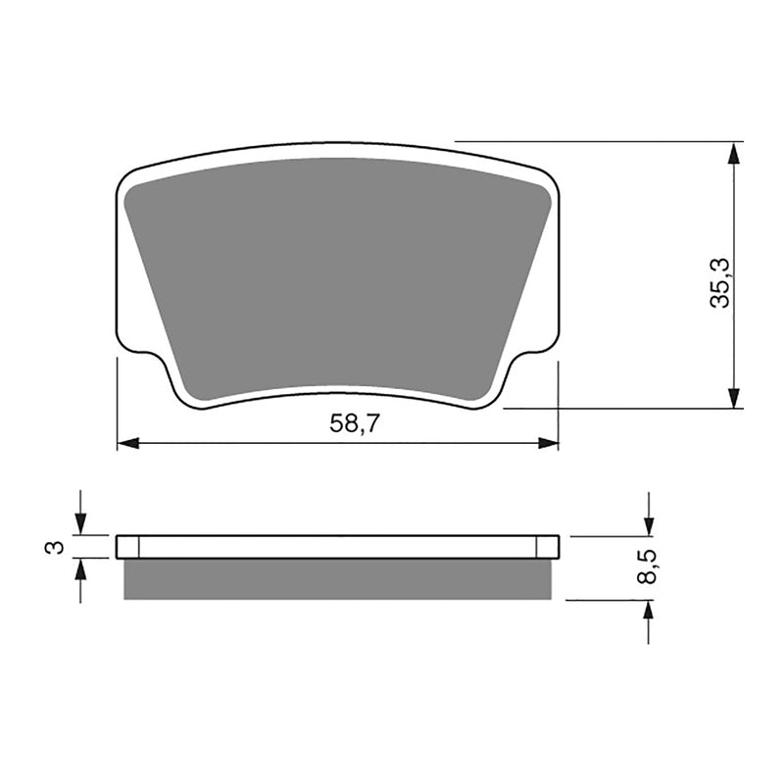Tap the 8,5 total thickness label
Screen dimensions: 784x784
647,567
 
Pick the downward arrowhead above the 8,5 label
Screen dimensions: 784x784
648,525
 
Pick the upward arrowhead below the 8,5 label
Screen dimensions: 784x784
648,611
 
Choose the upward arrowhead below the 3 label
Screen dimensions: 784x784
80,568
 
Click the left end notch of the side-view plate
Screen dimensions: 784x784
128,547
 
